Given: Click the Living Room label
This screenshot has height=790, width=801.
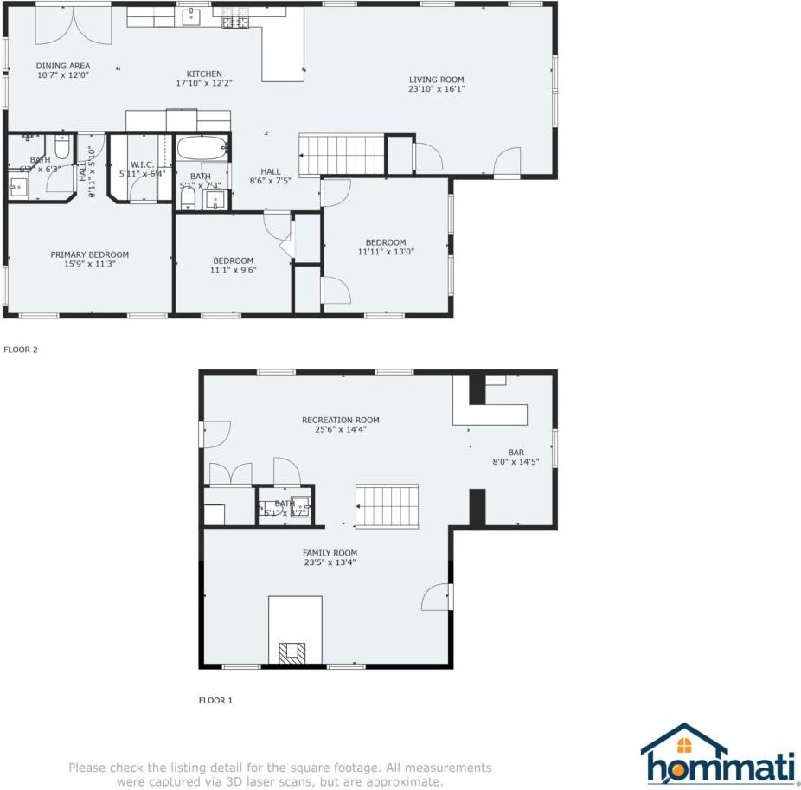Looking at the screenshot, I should coord(436,80).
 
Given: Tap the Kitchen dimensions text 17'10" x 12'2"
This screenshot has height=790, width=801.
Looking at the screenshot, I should coord(204,83).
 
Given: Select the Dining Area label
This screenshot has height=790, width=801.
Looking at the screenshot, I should coord(62,66).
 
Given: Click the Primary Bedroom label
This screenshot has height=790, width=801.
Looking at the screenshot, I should coord(89,254).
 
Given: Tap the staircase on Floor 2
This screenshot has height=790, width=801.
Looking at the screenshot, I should coord(341,154).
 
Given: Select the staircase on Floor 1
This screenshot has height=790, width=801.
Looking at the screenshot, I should coord(388,505).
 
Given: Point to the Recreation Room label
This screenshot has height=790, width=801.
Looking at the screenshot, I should coord(340,421).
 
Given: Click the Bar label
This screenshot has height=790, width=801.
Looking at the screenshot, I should coord(516,452).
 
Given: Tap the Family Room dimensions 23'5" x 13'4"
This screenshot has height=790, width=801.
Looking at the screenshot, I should coord(329,562).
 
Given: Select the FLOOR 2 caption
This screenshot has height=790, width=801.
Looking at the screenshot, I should coord(21,350).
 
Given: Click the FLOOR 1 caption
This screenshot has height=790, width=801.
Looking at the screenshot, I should coord(215,700).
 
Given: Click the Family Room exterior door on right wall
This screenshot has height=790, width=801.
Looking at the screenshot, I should coord(439,597).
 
